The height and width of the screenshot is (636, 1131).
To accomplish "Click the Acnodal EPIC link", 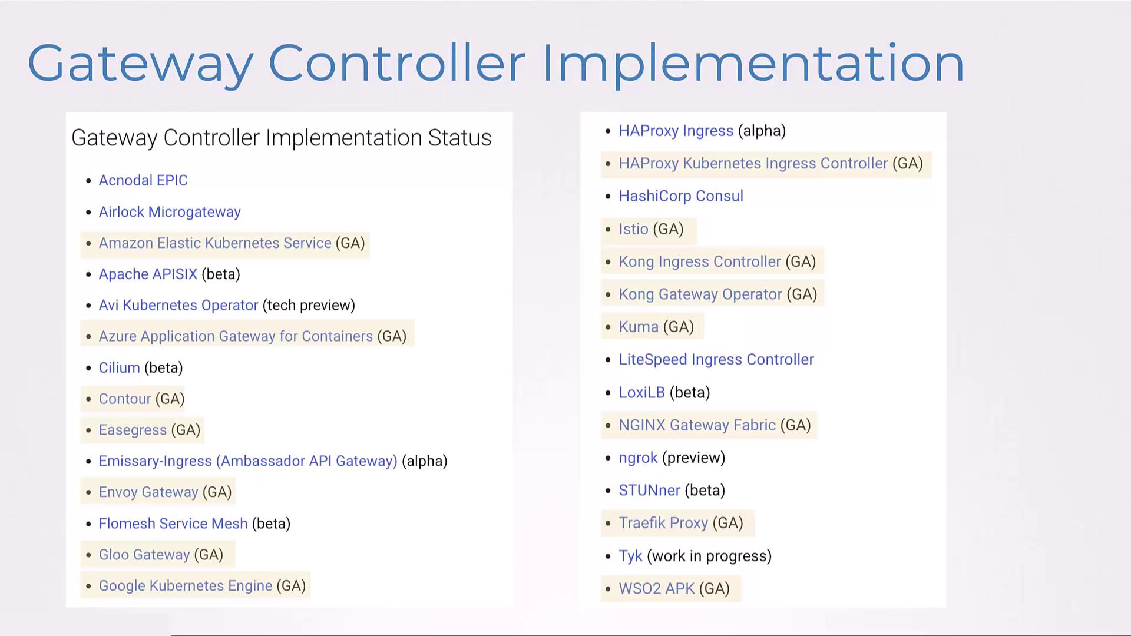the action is (x=143, y=180).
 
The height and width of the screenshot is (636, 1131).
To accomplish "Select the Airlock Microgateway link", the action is (x=170, y=212).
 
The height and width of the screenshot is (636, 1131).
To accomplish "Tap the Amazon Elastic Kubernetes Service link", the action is (x=215, y=243).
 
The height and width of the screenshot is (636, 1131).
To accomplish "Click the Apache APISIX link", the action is (x=148, y=274).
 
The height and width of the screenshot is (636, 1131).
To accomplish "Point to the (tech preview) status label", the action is (x=309, y=306).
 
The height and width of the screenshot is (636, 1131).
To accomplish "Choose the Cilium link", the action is (x=119, y=368).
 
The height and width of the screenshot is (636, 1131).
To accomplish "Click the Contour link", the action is (x=125, y=399).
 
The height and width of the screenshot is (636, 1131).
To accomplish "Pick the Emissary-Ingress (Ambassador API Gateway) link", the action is (x=248, y=461).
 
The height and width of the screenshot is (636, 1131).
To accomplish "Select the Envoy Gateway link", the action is (x=148, y=492).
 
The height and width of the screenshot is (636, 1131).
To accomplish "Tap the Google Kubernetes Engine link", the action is (x=186, y=586).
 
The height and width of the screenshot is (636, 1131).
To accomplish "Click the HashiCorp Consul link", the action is (x=681, y=196).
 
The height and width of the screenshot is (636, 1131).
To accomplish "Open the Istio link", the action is (x=633, y=229).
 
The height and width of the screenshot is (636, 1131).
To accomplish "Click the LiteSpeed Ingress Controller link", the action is (x=716, y=360).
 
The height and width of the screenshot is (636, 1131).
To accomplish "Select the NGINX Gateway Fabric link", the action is (x=697, y=425).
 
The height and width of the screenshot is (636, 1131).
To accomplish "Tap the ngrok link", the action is (x=638, y=458).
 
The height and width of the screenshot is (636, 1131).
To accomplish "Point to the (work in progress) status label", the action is (x=709, y=556).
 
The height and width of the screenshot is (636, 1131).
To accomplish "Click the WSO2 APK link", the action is (x=657, y=589).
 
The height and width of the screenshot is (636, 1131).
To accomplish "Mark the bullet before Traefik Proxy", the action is (x=608, y=524).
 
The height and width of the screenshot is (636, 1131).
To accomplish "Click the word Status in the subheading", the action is (x=459, y=138).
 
